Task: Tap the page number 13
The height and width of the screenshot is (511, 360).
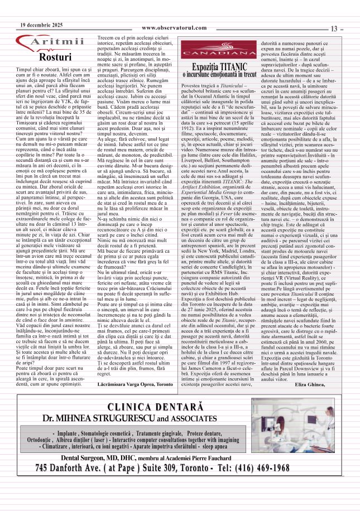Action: point(334,28)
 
